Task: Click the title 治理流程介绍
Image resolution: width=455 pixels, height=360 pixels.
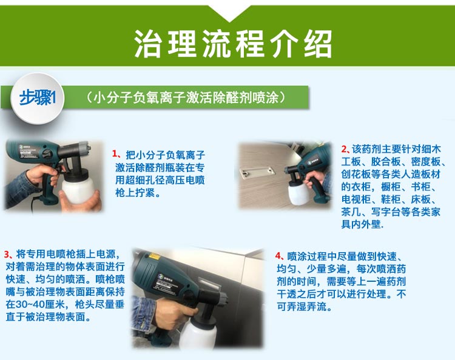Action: click(233, 44)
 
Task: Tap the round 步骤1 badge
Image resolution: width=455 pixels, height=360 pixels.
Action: click(37, 98)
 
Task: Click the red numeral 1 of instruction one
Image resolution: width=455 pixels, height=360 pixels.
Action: click(115, 153)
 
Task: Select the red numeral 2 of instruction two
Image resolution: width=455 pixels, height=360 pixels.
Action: click(344, 149)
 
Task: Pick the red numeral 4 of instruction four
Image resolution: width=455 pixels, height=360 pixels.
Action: click(278, 256)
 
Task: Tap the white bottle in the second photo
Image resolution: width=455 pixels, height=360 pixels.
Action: click(298, 193)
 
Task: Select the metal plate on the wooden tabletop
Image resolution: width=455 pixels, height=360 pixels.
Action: click(257, 172)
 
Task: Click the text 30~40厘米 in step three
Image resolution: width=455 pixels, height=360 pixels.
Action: click(40, 304)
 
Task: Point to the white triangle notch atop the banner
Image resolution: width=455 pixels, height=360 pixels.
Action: click(229, 13)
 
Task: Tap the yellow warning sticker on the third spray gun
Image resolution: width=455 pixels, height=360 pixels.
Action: click(153, 256)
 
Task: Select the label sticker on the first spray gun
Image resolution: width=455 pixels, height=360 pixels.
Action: click(29, 151)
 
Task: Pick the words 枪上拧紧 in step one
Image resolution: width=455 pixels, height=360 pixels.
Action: click(135, 193)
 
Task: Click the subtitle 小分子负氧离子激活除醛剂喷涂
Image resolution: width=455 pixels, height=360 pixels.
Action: click(186, 98)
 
